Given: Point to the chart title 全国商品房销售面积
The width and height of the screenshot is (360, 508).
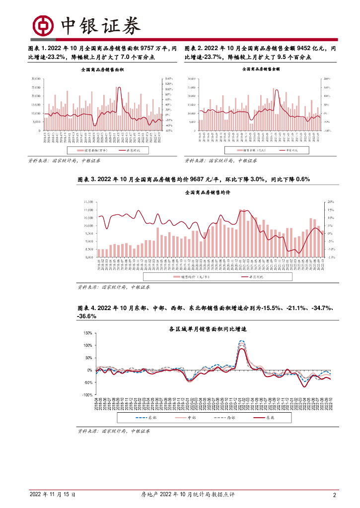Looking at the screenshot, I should tap(102, 70).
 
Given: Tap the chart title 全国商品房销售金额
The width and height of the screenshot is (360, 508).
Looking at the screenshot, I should tap(261, 70).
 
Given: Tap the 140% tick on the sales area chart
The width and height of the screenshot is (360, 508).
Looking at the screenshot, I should tap(169, 79).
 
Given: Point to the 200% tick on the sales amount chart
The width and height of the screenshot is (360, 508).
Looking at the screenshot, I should tap(326, 79).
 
